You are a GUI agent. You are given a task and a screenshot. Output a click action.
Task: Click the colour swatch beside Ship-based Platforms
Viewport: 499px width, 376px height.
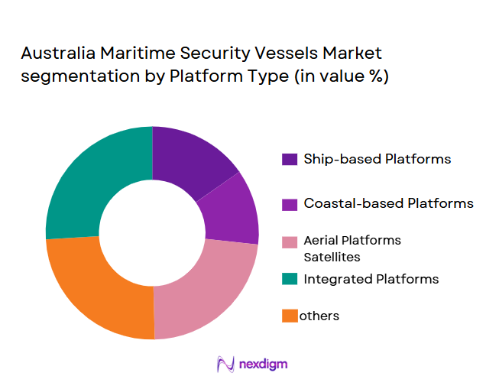pyautogui.click(x=290, y=160)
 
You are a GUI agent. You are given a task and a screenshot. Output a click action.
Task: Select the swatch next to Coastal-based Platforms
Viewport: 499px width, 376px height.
pyautogui.click(x=290, y=204)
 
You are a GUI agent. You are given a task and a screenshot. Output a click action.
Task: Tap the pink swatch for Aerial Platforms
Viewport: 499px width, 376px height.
pyautogui.click(x=290, y=241)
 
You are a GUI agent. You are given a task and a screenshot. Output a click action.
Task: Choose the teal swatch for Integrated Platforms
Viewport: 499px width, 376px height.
pyautogui.click(x=290, y=279)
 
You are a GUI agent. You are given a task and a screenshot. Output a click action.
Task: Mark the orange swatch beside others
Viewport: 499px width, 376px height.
pyautogui.click(x=290, y=316)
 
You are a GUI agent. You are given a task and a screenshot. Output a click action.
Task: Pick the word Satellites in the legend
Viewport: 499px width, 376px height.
pyautogui.click(x=331, y=258)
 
